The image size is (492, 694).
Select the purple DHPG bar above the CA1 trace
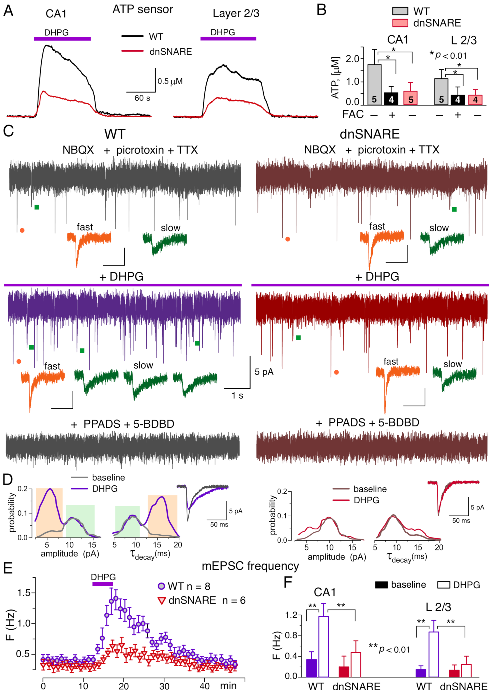(62, 39)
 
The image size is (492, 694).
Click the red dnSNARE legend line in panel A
(132, 51)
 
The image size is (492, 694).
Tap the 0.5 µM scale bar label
(170, 81)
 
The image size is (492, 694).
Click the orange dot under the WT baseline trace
(22, 231)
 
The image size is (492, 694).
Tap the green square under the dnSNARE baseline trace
(454, 210)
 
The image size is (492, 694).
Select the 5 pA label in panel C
(264, 372)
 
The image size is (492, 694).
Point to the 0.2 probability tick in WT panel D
(23, 489)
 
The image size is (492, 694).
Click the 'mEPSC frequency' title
(250, 566)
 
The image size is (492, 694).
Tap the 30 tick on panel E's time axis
(164, 686)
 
